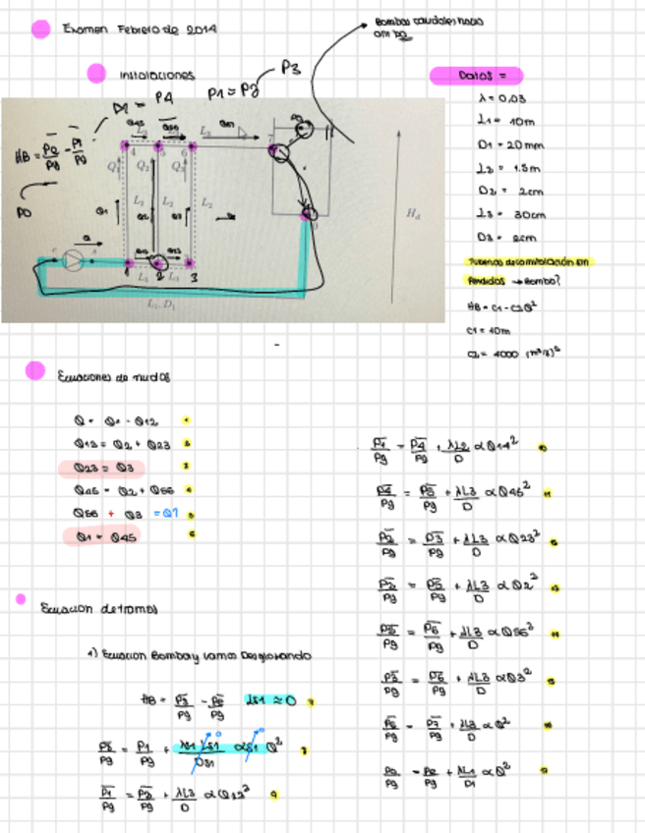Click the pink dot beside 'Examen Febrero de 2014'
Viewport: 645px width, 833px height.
click(x=40, y=29)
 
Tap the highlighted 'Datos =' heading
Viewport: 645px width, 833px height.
click(x=477, y=75)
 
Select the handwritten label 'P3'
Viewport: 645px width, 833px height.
click(x=290, y=68)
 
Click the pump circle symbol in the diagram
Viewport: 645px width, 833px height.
click(x=72, y=259)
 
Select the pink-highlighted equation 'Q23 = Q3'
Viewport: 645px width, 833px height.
click(x=102, y=469)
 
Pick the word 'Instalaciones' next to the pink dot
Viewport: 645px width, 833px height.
click(x=157, y=75)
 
